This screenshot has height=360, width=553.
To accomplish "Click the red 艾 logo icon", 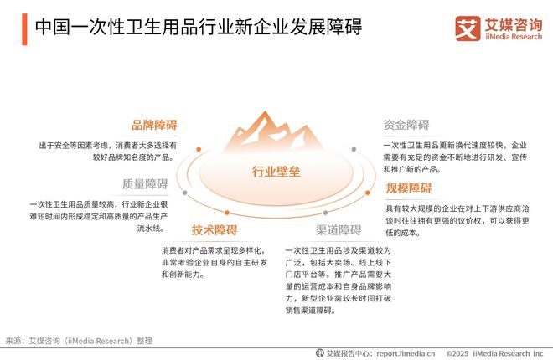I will (x=468, y=27).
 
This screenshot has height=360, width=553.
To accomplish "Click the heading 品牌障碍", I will (x=154, y=126).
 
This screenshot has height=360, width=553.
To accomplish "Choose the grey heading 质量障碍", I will (x=145, y=184).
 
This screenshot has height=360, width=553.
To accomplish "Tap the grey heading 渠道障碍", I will (x=339, y=230).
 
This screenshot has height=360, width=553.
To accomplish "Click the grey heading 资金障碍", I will (x=406, y=126).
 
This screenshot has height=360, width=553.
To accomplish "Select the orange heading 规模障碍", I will (x=409, y=188).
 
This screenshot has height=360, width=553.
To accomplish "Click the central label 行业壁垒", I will (x=276, y=172).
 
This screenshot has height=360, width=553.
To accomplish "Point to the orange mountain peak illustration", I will (x=276, y=134).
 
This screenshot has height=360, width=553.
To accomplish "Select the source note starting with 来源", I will (x=80, y=341).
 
